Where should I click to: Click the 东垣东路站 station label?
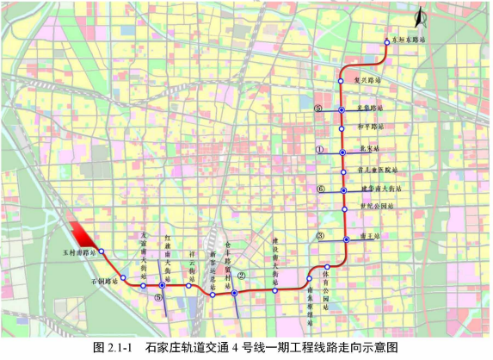click(x=408, y=39)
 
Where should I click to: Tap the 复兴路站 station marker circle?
click(x=341, y=81)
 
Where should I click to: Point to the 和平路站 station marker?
click(x=342, y=127)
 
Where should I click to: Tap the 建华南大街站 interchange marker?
click(x=342, y=189)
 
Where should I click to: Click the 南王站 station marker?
click(x=346, y=239)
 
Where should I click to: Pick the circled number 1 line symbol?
click(x=319, y=149)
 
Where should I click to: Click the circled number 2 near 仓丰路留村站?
click(x=243, y=276)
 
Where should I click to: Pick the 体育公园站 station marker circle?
click(x=327, y=267)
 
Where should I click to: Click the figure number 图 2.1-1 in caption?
click(x=118, y=348)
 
